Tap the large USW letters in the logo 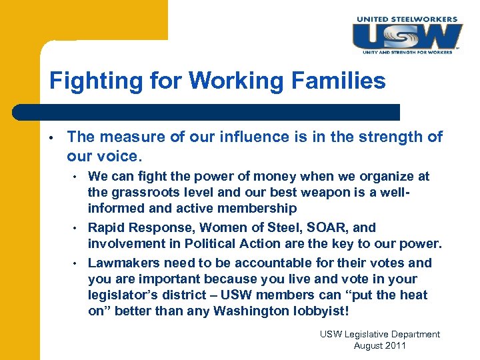pos(406,35)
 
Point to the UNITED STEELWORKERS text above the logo pos(408,19)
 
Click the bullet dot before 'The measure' pos(51,138)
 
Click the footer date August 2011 pos(379,346)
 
